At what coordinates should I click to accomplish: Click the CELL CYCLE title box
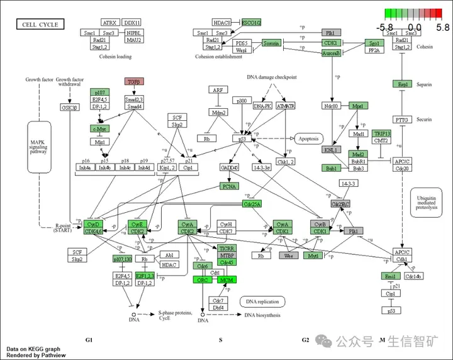(x=40, y=25)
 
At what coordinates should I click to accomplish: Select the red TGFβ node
(x=133, y=82)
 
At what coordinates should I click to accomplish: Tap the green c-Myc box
(x=100, y=129)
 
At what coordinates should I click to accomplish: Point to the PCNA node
(x=230, y=186)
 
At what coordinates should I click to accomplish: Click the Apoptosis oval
(x=308, y=138)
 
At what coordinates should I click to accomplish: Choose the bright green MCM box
(x=226, y=279)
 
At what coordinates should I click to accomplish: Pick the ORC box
(x=203, y=279)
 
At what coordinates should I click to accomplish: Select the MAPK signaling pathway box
(x=40, y=147)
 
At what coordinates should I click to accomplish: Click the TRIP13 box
(x=381, y=134)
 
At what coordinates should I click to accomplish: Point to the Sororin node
(x=271, y=43)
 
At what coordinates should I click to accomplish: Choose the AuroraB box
(x=331, y=53)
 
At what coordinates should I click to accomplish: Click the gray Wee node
(x=289, y=256)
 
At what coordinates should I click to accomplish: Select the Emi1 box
(x=391, y=276)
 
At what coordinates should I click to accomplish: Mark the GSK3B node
(x=70, y=108)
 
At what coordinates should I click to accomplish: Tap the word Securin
(x=425, y=120)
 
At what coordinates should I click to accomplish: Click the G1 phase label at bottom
(x=89, y=340)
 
